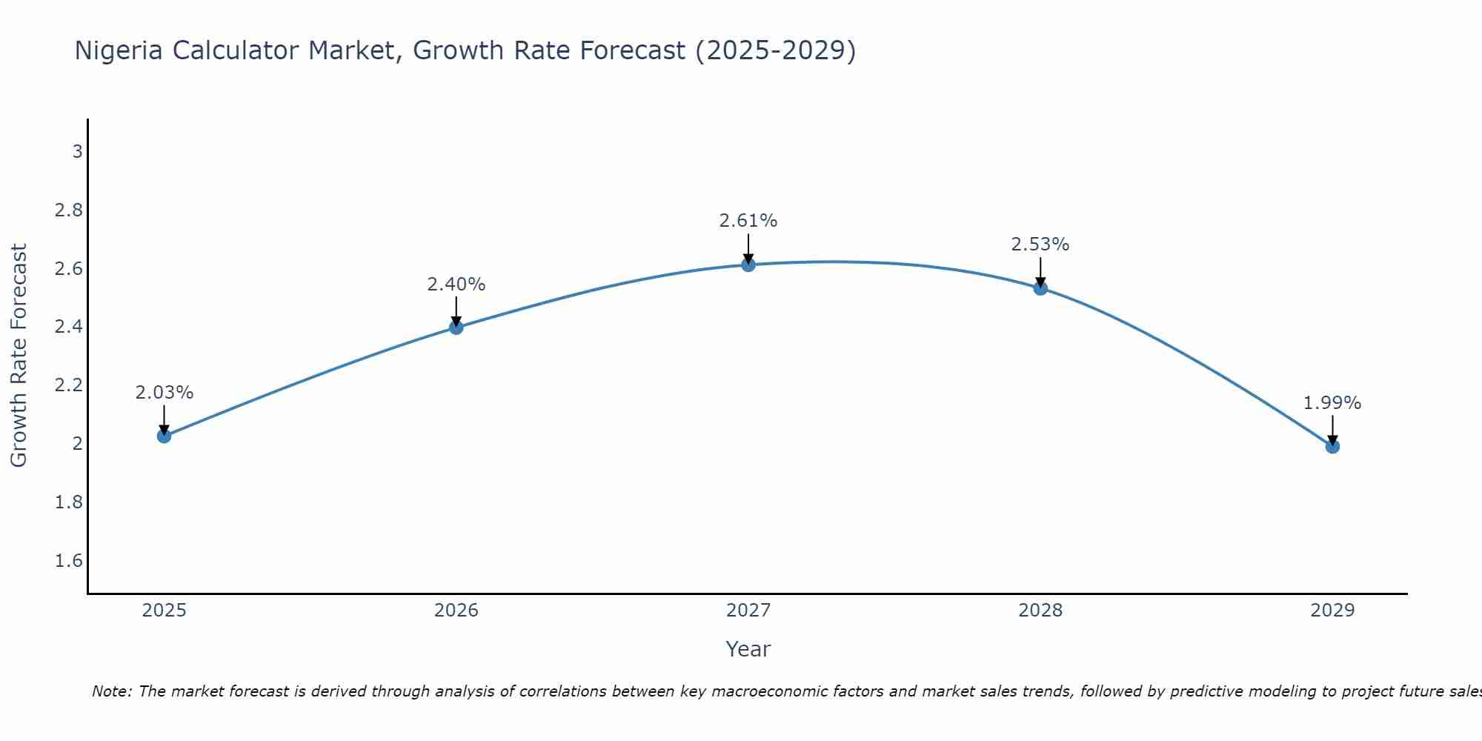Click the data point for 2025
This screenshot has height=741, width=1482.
coord(164,436)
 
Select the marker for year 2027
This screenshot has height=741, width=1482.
coord(748,265)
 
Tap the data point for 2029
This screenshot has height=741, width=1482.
coord(1332,446)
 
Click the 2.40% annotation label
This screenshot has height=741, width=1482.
coord(456,285)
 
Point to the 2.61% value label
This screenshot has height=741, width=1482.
coord(748,221)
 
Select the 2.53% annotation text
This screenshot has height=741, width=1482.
coord(1040,245)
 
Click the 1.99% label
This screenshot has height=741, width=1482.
coord(1332,403)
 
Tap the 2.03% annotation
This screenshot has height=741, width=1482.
coord(164,393)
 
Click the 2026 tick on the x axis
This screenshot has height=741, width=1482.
coord(456,611)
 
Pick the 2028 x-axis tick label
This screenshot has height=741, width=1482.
coord(1040,611)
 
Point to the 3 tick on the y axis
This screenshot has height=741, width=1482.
coord(77,152)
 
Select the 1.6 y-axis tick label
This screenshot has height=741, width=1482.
coord(69,561)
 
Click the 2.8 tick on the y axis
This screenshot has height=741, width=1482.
coord(69,210)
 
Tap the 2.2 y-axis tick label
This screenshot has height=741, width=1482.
coord(69,385)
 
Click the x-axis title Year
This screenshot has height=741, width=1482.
coord(748,649)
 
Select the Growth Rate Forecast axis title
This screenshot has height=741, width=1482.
coord(19,356)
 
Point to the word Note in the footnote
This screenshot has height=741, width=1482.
coord(111,691)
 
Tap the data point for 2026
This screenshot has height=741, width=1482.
coord(456,328)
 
